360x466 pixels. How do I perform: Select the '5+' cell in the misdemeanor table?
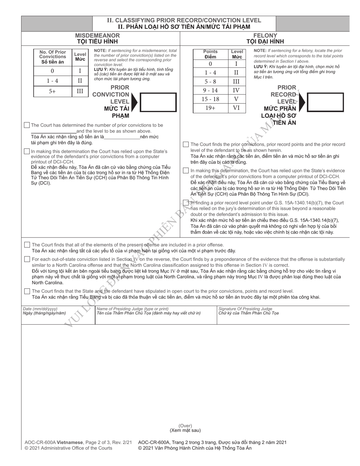(52, 91)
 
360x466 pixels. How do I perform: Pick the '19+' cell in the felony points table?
(210, 108)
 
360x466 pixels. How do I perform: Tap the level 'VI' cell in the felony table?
(236, 108)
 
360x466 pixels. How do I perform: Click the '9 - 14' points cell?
(210, 90)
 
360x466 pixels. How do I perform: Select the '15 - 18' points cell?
(210, 99)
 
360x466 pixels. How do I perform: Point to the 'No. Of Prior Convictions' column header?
(53, 57)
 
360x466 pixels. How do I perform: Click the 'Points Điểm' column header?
(210, 54)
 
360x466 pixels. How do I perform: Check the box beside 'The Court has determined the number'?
(27, 125)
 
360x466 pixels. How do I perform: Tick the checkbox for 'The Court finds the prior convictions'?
(186, 144)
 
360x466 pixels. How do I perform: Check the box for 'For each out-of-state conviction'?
(27, 259)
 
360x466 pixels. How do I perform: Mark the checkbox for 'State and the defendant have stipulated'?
(27, 291)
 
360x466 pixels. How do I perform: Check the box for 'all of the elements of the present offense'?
(27, 245)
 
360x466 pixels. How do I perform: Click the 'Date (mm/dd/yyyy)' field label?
(40, 309)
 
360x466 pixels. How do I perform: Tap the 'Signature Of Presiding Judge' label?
(245, 309)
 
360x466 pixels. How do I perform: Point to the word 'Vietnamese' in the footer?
(70, 442)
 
